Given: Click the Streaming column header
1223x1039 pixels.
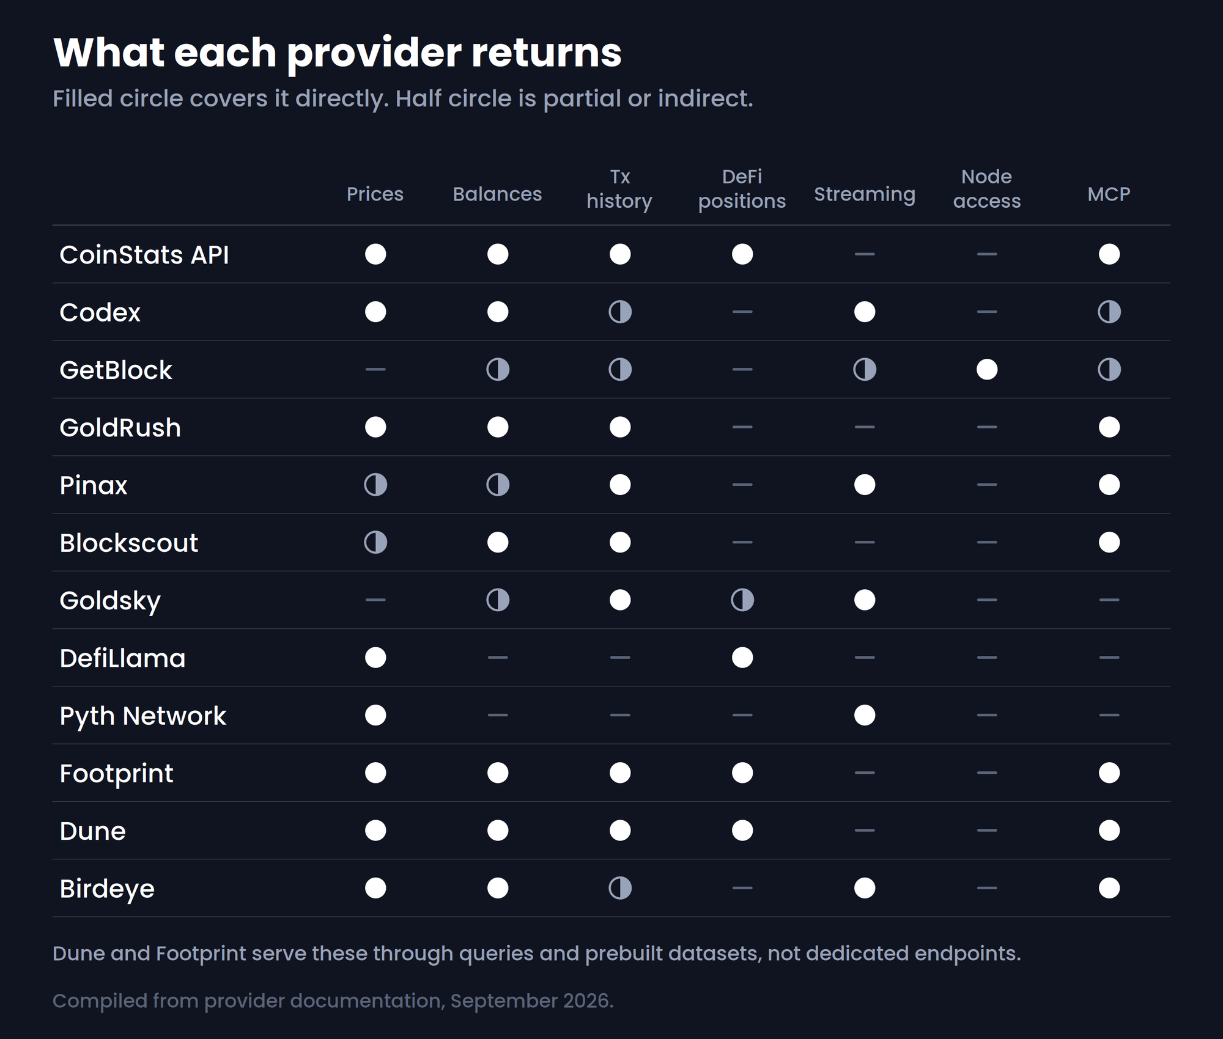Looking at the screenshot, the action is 865,194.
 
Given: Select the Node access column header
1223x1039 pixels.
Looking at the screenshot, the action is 987,189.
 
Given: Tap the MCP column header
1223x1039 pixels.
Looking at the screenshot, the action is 1109,194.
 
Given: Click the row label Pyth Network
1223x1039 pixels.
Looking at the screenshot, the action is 142,716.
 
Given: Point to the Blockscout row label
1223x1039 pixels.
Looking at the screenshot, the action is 128,543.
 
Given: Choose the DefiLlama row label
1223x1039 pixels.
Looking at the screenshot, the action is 122,658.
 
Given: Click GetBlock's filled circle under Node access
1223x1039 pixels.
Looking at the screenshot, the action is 987,370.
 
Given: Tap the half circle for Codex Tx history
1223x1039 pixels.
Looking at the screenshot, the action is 620,312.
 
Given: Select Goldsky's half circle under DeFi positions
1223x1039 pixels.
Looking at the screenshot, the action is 742,600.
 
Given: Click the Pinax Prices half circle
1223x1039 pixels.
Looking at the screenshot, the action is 375,485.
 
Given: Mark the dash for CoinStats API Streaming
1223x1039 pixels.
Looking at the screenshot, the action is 865,254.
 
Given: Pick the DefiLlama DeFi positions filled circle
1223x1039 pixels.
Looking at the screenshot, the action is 742,658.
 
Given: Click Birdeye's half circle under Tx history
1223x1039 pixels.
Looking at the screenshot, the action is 620,888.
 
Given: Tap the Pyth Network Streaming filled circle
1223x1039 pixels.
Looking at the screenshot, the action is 865,715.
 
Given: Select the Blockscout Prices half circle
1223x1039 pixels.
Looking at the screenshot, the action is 375,543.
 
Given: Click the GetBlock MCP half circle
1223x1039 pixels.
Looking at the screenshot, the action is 1109,370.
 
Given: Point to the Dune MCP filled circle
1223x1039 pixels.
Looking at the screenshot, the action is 1109,831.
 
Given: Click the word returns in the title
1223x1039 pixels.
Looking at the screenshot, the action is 546,53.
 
